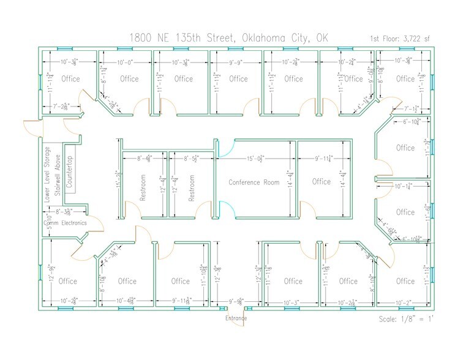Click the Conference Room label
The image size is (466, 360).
pyautogui.click(x=254, y=182)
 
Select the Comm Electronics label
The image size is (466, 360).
pyautogui.click(x=66, y=223)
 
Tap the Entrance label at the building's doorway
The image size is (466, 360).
pyautogui.click(x=236, y=318)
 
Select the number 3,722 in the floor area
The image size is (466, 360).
pyautogui.click(x=410, y=39)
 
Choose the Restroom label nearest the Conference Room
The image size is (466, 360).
pyautogui.click(x=191, y=189)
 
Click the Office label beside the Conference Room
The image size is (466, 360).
pyautogui.click(x=321, y=182)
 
